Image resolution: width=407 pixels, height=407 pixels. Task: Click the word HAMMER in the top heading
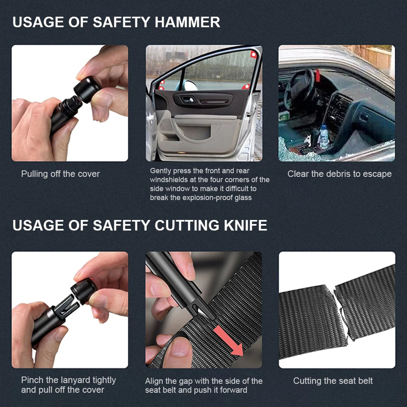[x=187, y=22]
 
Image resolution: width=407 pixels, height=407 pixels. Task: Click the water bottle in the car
[x=324, y=137]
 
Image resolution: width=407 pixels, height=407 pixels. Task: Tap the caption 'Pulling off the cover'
[x=60, y=174]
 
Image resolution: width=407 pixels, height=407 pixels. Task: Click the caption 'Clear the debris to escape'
[x=339, y=174]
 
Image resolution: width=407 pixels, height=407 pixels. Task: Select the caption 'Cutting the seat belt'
[x=333, y=381]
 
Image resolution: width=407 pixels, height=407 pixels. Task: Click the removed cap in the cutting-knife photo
[x=84, y=291]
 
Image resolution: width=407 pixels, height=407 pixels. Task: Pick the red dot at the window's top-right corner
[x=253, y=54]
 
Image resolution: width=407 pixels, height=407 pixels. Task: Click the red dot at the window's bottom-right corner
[x=246, y=86]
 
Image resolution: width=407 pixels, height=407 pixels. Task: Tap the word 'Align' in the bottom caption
[x=153, y=381]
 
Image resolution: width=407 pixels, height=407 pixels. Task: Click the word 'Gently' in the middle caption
[x=160, y=171]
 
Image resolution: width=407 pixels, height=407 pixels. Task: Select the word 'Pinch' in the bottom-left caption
[x=32, y=380]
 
